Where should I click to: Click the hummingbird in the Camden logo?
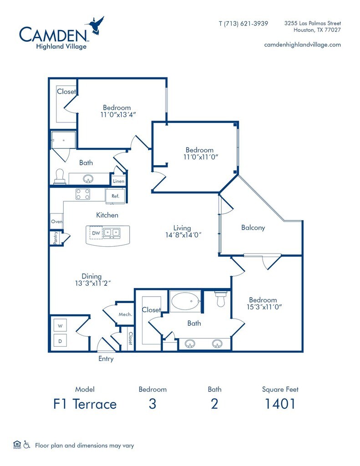[96, 25]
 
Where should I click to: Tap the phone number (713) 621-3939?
[243, 23]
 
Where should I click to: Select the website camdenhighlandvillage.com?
[302, 45]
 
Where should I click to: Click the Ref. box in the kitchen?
[115, 196]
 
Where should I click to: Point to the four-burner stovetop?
[83, 194]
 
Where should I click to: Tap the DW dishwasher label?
[96, 233]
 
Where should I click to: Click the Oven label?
[56, 222]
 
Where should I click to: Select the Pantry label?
[55, 238]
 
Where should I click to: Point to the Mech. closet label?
[125, 314]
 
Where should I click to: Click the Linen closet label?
[118, 182]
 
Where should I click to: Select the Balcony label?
[253, 228]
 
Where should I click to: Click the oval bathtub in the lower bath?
[185, 301]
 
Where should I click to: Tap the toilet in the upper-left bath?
[59, 176]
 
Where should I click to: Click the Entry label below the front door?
[106, 359]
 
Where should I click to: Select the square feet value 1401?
[280, 404]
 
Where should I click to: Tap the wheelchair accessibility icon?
[27, 445]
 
